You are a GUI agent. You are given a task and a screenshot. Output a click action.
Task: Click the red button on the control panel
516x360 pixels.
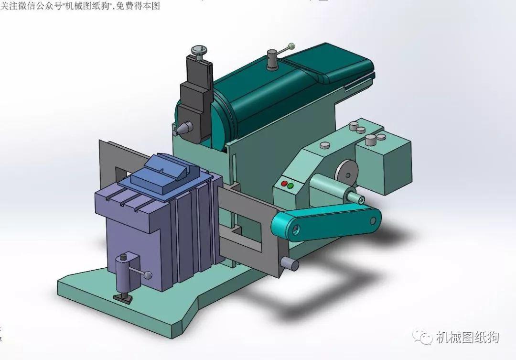284,183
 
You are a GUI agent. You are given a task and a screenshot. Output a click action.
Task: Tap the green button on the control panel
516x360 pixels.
290,185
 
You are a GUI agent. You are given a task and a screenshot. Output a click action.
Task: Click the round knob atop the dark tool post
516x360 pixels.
198,49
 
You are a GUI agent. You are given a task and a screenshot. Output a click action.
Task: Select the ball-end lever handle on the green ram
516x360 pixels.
290,46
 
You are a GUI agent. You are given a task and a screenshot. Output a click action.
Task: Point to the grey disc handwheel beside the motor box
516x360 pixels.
347,171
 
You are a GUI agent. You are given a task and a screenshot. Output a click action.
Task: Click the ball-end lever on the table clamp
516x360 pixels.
149,275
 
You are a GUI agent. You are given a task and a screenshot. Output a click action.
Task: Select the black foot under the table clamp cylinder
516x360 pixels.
123,297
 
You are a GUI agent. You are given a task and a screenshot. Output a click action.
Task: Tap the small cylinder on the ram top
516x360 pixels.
272,59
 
